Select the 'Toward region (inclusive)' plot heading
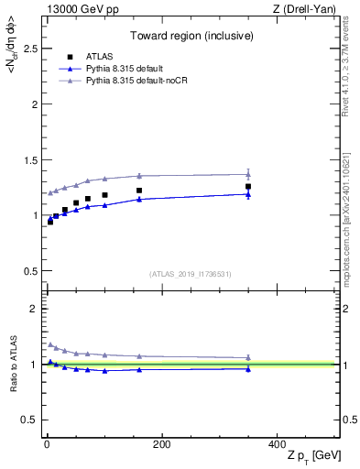(x=190, y=38)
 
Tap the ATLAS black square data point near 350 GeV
(x=248, y=187)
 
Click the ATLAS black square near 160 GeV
(x=139, y=191)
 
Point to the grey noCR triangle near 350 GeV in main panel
(x=248, y=174)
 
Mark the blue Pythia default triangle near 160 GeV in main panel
(x=139, y=199)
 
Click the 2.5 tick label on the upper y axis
(x=29, y=49)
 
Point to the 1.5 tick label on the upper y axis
(x=29, y=160)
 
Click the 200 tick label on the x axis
(x=161, y=444)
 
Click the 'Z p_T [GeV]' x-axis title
(x=311, y=456)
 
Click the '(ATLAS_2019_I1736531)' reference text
(x=190, y=274)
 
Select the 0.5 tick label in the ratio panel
(x=29, y=420)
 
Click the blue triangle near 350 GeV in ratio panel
(x=248, y=368)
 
